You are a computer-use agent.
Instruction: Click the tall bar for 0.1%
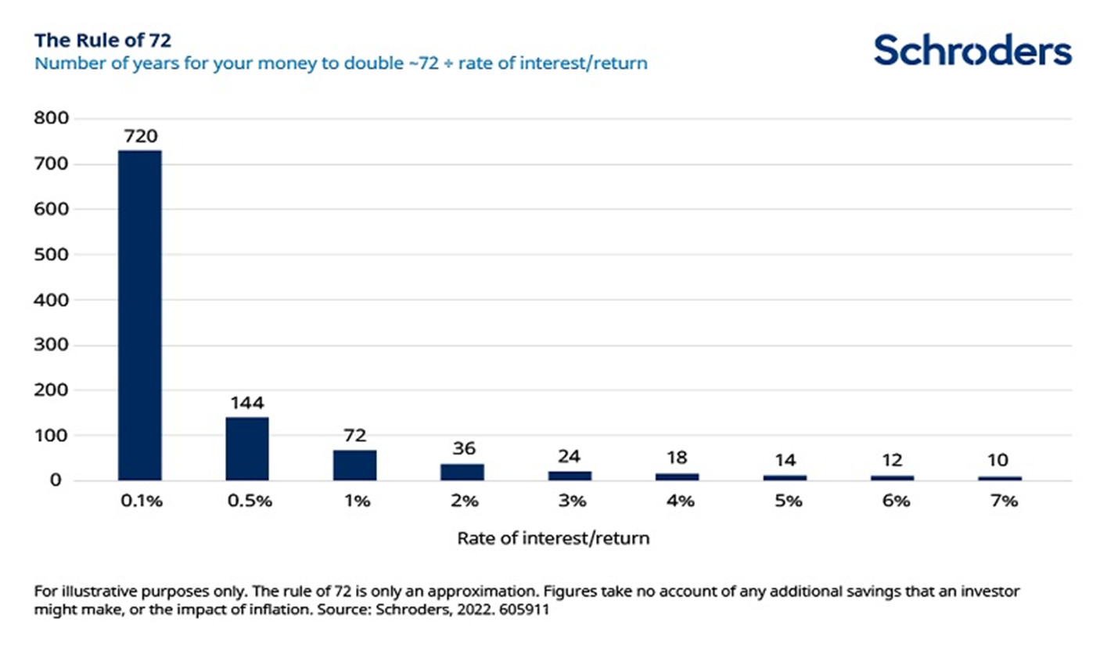pos(139,315)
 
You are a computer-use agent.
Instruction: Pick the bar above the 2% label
pos(463,472)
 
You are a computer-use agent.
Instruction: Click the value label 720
pos(139,137)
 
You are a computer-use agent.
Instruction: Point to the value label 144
pos(247,404)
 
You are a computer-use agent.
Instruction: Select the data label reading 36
pos(463,449)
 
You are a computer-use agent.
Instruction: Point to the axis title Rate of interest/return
pos(552,539)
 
